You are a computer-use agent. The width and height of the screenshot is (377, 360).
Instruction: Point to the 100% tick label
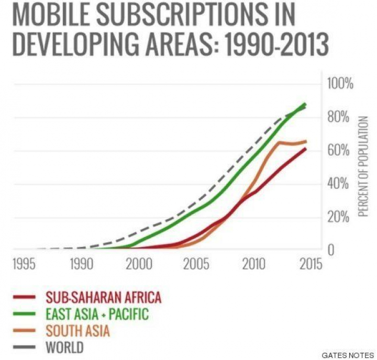341,83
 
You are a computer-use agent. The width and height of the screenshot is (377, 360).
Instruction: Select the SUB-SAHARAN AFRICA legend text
104,298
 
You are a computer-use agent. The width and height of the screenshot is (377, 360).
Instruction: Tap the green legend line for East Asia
24,314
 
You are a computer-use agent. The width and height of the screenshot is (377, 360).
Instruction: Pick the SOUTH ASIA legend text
78,331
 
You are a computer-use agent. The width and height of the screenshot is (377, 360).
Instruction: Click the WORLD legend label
65,347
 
